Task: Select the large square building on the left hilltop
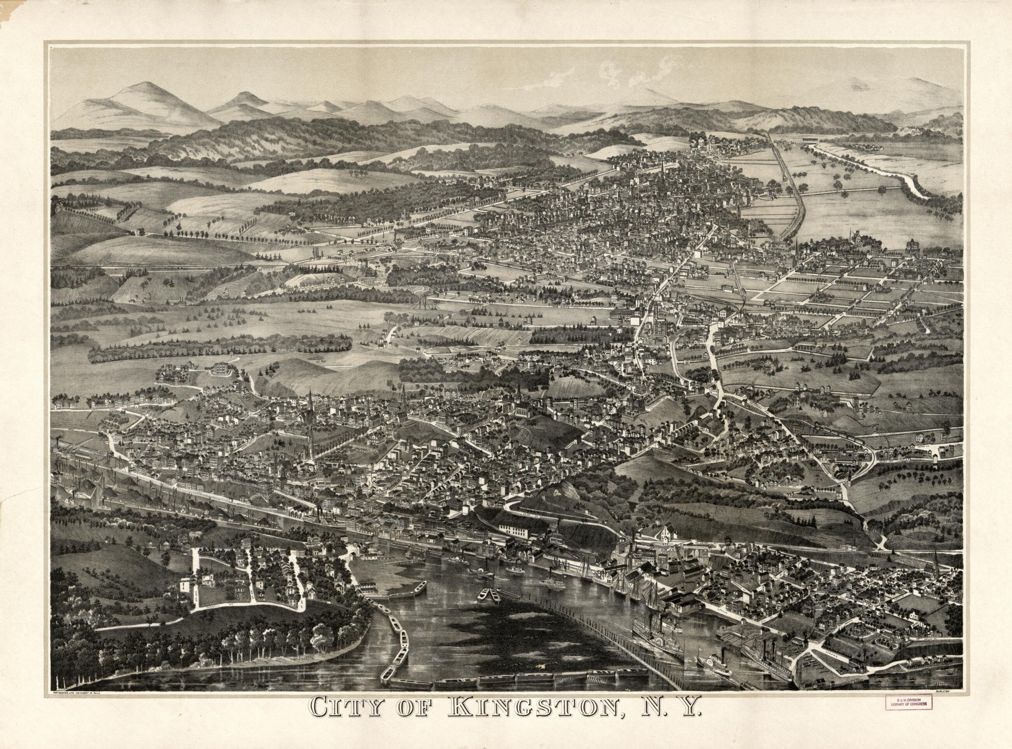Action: [x=222, y=368]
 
